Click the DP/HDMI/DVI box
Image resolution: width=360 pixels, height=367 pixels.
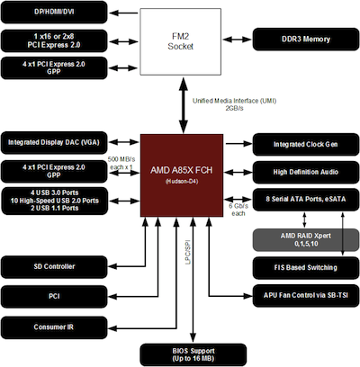tap(54, 13)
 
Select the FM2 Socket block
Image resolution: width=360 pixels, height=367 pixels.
tap(181, 41)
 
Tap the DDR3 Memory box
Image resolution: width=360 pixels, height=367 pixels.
tap(306, 40)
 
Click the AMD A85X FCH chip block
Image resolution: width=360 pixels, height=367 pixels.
tap(182, 175)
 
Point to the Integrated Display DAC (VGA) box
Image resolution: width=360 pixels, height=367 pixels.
tap(54, 143)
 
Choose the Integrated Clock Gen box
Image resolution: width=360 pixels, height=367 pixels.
tap(306, 145)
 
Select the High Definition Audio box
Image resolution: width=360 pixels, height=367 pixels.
tap(306, 173)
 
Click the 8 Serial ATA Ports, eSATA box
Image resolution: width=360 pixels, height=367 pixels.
tap(306, 200)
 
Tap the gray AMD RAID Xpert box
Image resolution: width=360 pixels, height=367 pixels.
tap(306, 240)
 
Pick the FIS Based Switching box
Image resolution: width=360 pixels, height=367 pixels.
tap(306, 268)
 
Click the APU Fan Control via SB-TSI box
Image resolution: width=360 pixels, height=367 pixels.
tap(306, 296)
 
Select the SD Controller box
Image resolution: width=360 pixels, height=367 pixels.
tap(54, 267)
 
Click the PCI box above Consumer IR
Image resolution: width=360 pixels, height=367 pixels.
tap(54, 297)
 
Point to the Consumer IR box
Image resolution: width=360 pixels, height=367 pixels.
tap(54, 327)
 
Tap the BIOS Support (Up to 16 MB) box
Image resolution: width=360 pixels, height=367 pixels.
tap(193, 355)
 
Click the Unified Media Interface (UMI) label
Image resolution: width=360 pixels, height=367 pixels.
tap(234, 101)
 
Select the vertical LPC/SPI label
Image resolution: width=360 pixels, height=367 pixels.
tap(188, 252)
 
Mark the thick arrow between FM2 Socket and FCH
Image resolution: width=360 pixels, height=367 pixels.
tap(184, 104)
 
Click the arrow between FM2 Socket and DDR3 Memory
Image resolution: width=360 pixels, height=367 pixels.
tap(237, 40)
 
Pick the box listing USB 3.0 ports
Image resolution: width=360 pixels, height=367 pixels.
tap(55, 201)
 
